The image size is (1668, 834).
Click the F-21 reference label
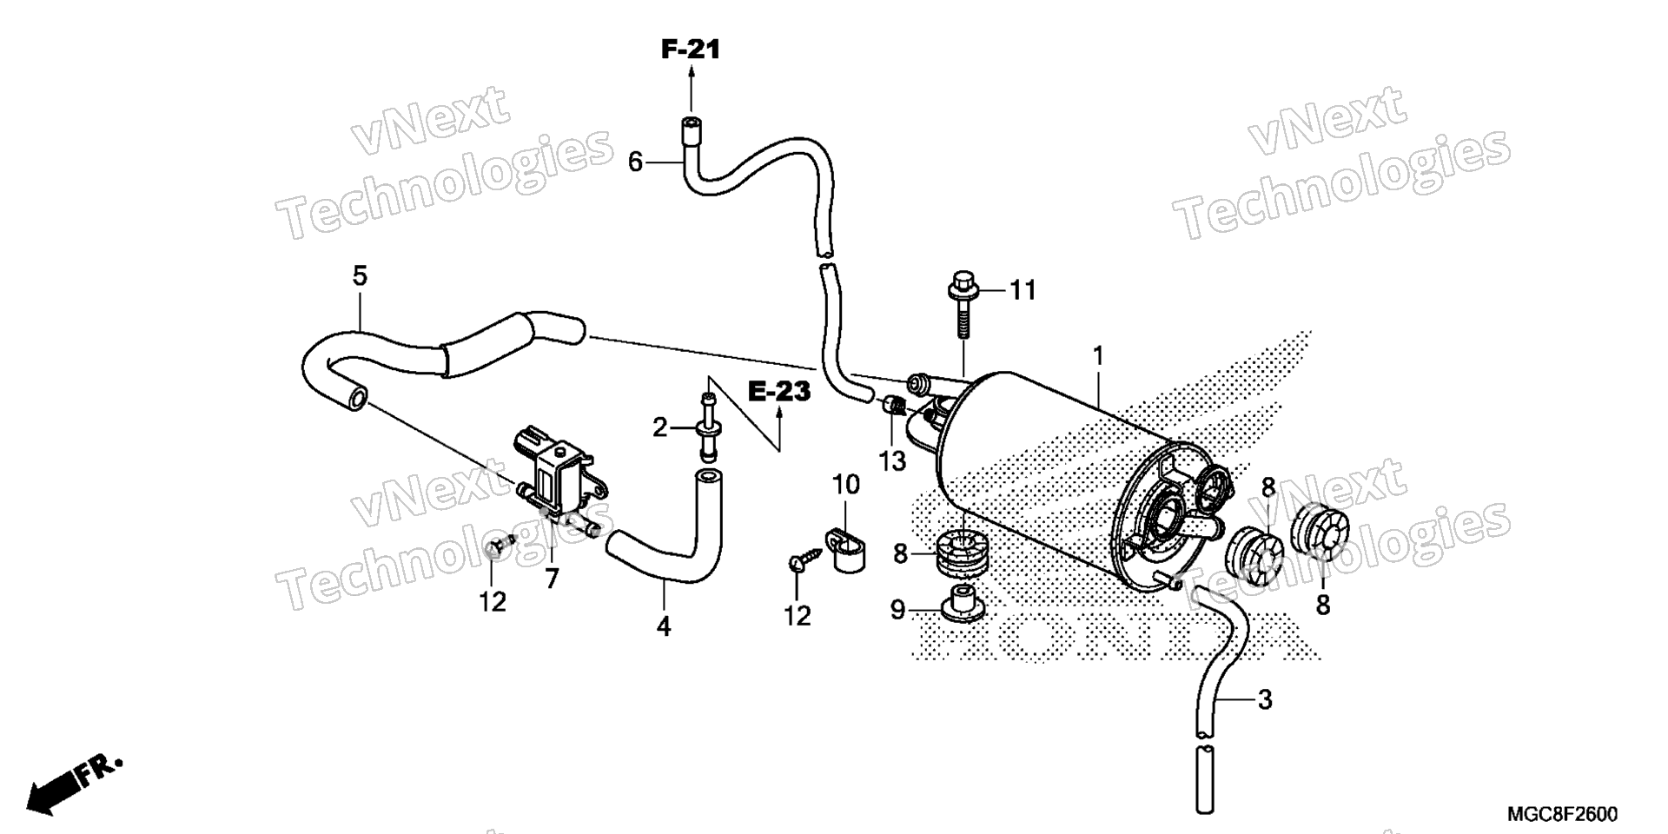pyautogui.click(x=691, y=50)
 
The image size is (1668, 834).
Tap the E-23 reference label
pyautogui.click(x=779, y=392)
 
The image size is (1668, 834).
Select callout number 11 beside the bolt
pyautogui.click(x=1023, y=290)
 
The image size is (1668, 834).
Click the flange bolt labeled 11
pyautogui.click(x=963, y=305)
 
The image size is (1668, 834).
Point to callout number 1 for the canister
pyautogui.click(x=1098, y=356)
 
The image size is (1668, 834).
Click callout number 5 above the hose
pyautogui.click(x=360, y=276)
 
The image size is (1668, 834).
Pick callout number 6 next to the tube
pyautogui.click(x=635, y=162)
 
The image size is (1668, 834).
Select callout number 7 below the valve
pyautogui.click(x=552, y=579)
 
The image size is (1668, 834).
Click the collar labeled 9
pyautogui.click(x=962, y=603)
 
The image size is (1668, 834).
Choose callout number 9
pyautogui.click(x=897, y=610)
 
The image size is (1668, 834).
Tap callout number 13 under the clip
pyautogui.click(x=892, y=461)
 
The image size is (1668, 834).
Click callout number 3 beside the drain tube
pyautogui.click(x=1265, y=698)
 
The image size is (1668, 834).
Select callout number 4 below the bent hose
pyautogui.click(x=664, y=626)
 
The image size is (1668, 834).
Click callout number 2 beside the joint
pyautogui.click(x=660, y=427)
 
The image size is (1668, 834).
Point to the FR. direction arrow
pyautogui.click(x=73, y=784)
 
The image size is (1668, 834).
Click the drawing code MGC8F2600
pyautogui.click(x=1561, y=814)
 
